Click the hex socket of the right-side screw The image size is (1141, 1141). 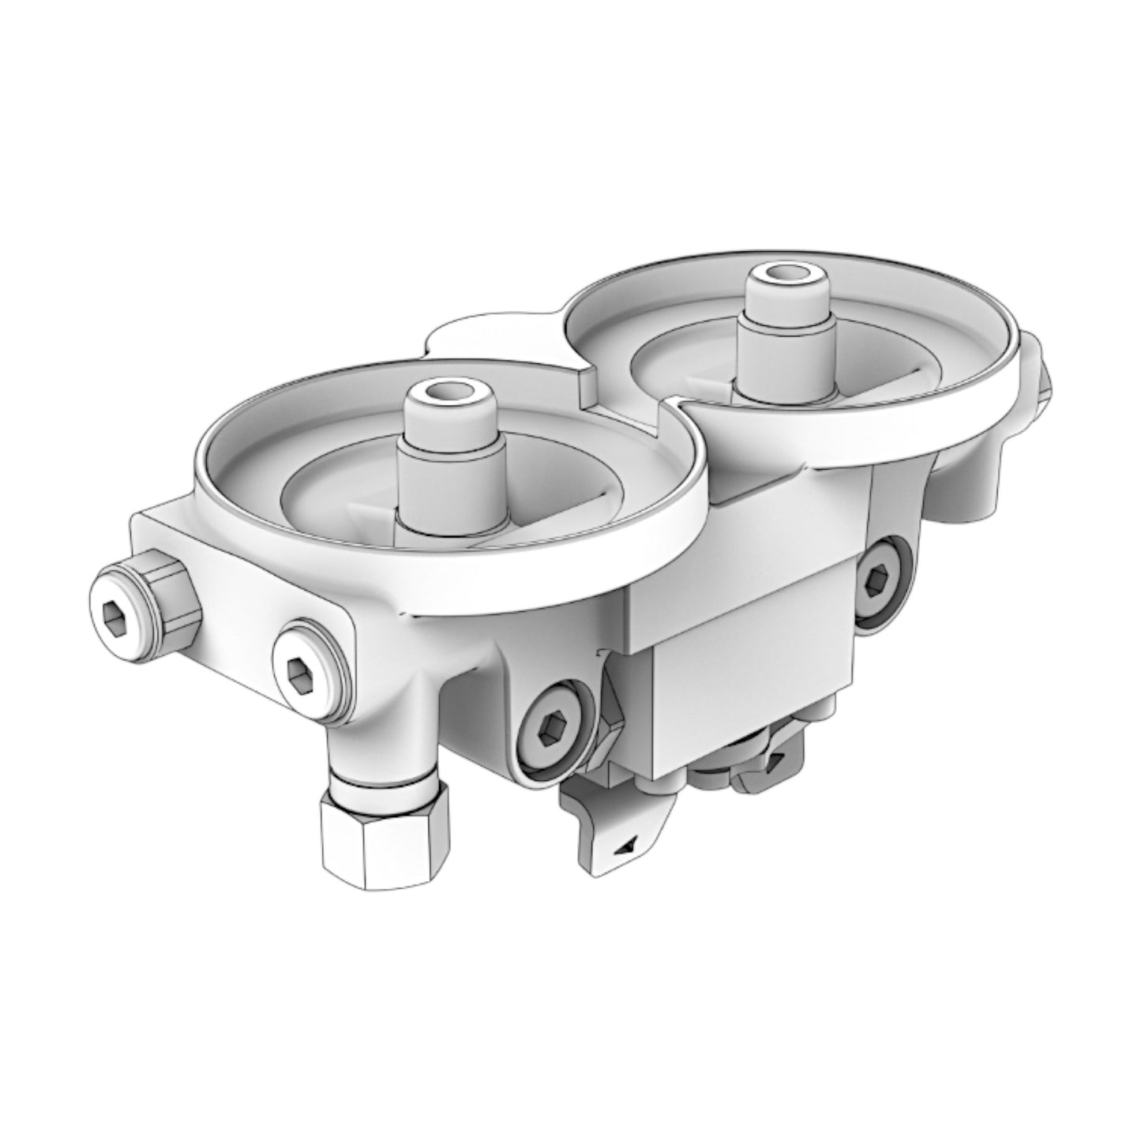pyautogui.click(x=878, y=583)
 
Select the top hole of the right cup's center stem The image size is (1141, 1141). pyautogui.click(x=786, y=276)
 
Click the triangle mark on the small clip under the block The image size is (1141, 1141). pyautogui.click(x=777, y=758)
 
